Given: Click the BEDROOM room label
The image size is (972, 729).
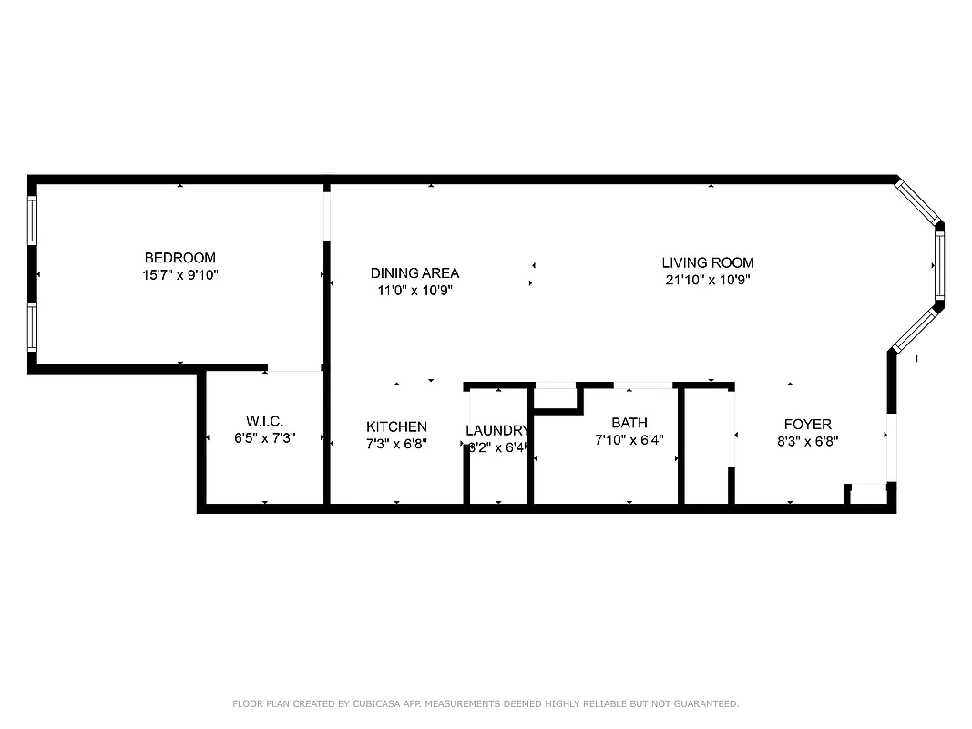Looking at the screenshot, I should pyautogui.click(x=180, y=258).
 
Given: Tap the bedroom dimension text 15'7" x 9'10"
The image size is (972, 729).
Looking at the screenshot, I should pyautogui.click(x=180, y=274).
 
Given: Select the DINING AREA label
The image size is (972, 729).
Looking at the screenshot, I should pyautogui.click(x=414, y=273).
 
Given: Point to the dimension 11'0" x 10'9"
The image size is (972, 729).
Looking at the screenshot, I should pyautogui.click(x=414, y=291).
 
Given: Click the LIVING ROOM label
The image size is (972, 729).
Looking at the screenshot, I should pyautogui.click(x=708, y=263).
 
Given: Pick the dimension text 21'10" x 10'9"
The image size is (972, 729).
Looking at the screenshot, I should pyautogui.click(x=708, y=280).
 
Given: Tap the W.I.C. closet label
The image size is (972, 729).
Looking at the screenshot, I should pyautogui.click(x=264, y=421).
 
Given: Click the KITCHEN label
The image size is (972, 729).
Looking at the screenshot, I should pyautogui.click(x=396, y=426).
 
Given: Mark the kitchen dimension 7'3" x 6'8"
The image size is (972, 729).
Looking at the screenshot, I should pyautogui.click(x=396, y=444).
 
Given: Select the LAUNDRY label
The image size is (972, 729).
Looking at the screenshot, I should pyautogui.click(x=497, y=430).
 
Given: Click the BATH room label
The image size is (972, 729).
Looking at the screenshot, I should pyautogui.click(x=629, y=423).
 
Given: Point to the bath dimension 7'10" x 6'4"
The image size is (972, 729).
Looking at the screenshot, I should pyautogui.click(x=629, y=439).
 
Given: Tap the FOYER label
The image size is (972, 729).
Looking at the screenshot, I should pyautogui.click(x=808, y=425).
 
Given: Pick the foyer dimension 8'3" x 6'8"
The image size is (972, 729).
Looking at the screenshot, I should pyautogui.click(x=808, y=441).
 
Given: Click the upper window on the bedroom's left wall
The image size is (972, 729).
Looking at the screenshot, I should pyautogui.click(x=33, y=221).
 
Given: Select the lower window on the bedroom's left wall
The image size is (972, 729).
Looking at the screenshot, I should pyautogui.click(x=33, y=327).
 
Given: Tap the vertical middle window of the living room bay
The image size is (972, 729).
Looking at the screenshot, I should pyautogui.click(x=939, y=264).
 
